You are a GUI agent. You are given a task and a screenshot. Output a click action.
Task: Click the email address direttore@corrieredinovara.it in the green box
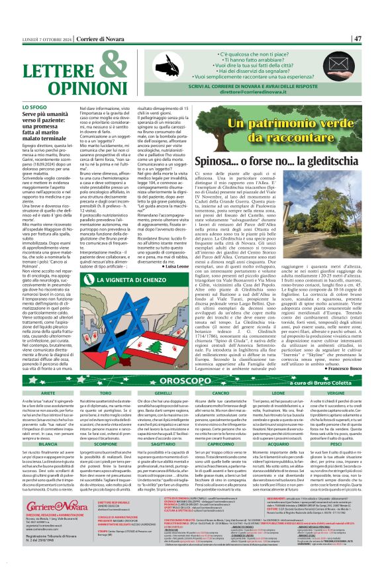click(x=272, y=94)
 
